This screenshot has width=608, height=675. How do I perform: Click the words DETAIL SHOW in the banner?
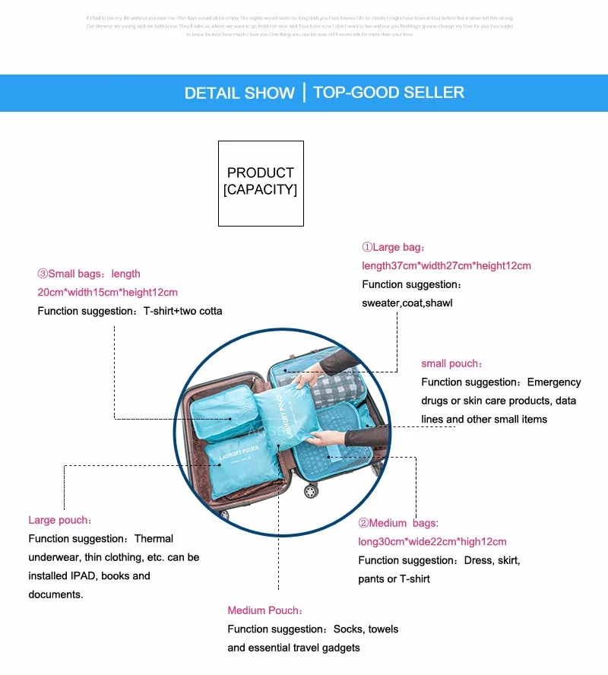coord(239,93)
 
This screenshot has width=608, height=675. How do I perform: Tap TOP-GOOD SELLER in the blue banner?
coord(388,93)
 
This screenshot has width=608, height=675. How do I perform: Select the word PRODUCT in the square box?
coord(260,173)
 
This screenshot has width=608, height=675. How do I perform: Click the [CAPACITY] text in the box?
coord(260,189)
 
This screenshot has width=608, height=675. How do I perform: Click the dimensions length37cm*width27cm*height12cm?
coord(446,266)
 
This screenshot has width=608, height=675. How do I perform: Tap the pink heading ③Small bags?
coord(89,274)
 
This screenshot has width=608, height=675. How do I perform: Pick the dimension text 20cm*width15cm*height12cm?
coord(107,292)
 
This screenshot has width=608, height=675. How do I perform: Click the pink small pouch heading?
coord(451,363)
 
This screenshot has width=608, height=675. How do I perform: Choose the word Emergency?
coord(553,382)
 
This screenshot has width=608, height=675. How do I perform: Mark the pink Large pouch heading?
coord(60,520)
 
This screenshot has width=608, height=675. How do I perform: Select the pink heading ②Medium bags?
coord(398,523)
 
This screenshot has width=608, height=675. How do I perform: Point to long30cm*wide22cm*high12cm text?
coord(432,542)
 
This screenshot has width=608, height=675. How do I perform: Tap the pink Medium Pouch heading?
coord(264,610)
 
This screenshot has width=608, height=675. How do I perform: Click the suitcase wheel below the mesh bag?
coord(311,491)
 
